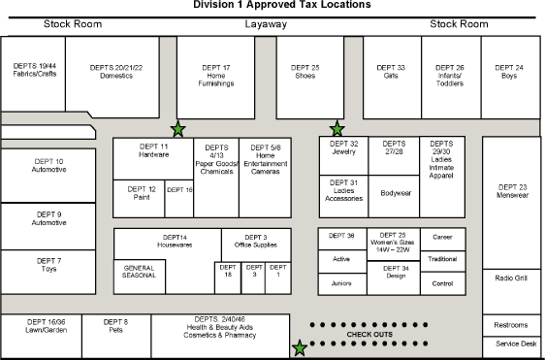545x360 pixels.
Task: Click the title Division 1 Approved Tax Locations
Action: pyautogui.click(x=281, y=5)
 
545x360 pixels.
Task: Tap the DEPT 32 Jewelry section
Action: pyautogui.click(x=344, y=147)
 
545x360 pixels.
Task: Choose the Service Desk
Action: pyautogui.click(x=515, y=344)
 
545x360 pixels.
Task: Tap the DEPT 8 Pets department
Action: pyautogui.click(x=116, y=325)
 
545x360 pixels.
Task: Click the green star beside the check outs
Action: pyautogui.click(x=300, y=347)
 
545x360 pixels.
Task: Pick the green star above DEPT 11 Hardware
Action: pyautogui.click(x=177, y=129)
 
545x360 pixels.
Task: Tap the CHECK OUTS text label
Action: pyautogui.click(x=369, y=335)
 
